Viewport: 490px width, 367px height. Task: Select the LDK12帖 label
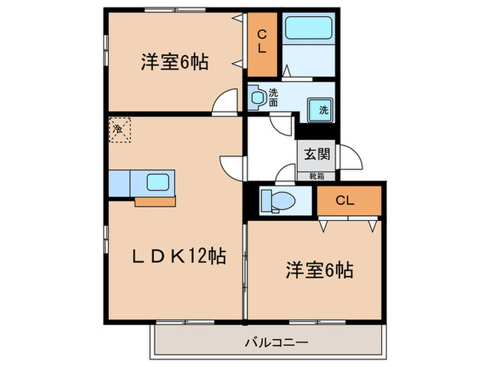click(179, 257)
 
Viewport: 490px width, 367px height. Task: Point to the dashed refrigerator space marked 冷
click(120, 129)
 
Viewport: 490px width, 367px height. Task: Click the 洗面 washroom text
click(272, 97)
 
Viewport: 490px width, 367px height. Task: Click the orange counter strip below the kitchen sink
click(155, 202)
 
